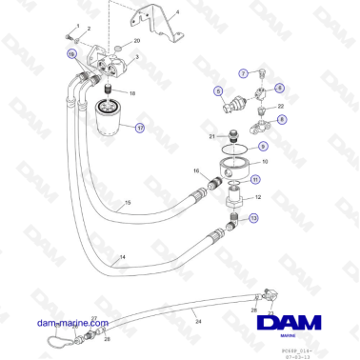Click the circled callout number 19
click(71, 56)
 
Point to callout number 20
click(136, 42)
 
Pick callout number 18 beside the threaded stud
click(132, 93)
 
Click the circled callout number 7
click(242, 73)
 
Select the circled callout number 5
click(218, 91)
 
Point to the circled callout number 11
click(254, 179)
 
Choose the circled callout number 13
click(253, 218)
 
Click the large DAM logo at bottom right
click(290, 327)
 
